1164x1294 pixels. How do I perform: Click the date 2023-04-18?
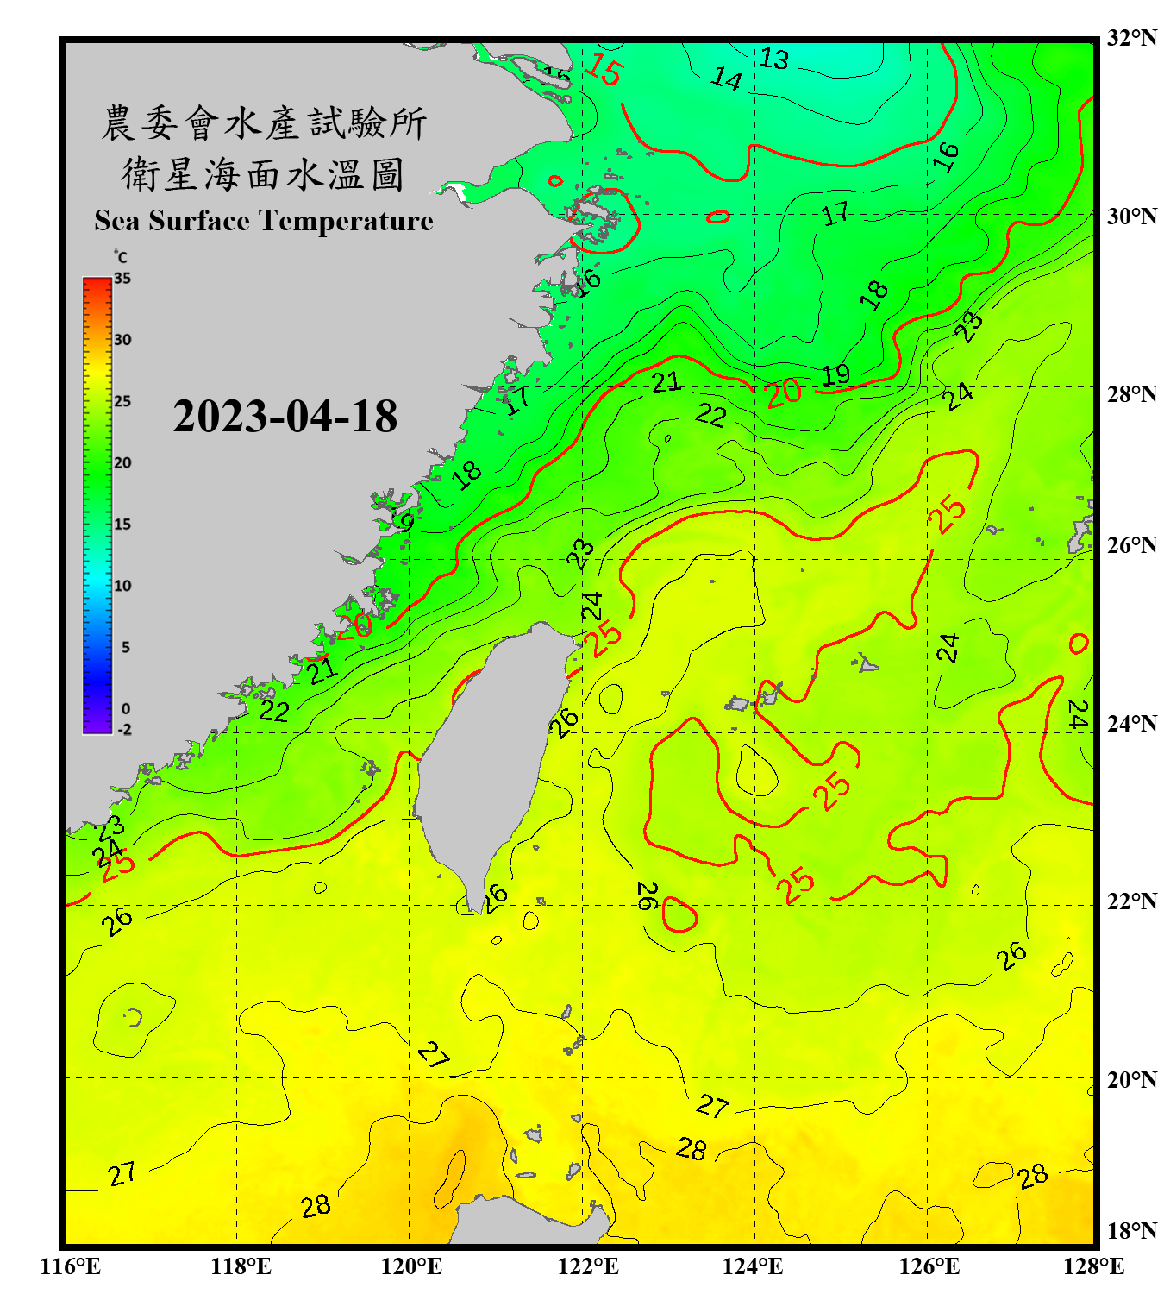pos(285,417)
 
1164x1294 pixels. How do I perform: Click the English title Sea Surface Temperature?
pos(264,221)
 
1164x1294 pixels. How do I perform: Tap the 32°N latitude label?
pos(1132,38)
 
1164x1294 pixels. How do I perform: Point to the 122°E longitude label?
pos(588,1266)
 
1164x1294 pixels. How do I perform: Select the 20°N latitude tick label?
pos(1132,1079)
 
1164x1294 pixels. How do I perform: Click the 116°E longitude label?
pos(71,1266)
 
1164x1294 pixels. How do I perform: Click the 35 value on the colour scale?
pos(122,279)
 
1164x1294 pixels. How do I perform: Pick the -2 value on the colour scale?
pos(124,730)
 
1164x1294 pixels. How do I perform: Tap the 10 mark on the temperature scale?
pos(122,586)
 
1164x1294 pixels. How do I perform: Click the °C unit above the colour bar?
pos(121,257)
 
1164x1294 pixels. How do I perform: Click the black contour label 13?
pos(773,59)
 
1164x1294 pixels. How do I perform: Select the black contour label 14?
pos(726,79)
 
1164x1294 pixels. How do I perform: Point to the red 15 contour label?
pos(603,70)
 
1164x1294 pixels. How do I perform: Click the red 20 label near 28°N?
pos(783,393)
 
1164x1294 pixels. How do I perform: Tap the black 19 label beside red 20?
pos(835,375)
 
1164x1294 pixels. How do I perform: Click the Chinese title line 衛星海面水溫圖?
pos(263,174)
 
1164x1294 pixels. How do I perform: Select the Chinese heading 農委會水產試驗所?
pos(263,123)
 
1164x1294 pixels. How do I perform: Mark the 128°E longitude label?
pos(1093,1266)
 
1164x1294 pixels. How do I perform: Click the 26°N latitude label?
pos(1132,545)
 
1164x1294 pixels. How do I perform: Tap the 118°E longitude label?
pos(241,1266)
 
